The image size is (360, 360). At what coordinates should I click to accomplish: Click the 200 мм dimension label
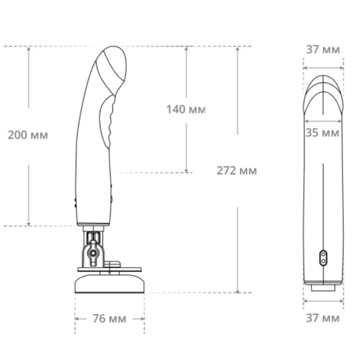click(28, 135)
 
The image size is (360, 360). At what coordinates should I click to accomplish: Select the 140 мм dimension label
click(186, 109)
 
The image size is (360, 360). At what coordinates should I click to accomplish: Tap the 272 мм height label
click(237, 171)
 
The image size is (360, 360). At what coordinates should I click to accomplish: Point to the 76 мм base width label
click(109, 319)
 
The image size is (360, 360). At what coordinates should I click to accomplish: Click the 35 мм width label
click(322, 133)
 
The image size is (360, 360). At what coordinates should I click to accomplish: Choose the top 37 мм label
click(323, 50)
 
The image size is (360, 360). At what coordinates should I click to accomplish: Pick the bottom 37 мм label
click(323, 318)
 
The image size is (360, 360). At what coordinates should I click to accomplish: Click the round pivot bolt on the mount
click(93, 253)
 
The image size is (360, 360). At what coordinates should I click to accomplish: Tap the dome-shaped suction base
click(110, 284)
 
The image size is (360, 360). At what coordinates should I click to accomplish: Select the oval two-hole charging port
click(323, 258)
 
